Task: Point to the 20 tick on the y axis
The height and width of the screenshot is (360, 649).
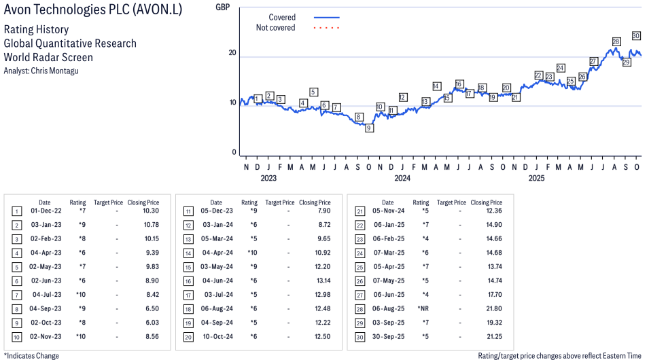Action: click(232, 53)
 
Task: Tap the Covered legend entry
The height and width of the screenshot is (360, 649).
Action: click(282, 17)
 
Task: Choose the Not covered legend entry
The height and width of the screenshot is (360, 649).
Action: click(275, 28)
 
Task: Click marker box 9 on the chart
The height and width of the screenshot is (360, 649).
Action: click(369, 128)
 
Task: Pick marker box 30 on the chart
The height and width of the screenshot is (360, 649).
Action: click(636, 35)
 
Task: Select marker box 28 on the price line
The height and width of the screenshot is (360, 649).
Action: click(616, 42)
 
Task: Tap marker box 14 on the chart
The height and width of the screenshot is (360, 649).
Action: click(436, 86)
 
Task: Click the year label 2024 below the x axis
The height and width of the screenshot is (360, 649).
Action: click(402, 179)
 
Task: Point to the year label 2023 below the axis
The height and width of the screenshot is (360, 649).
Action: click(268, 179)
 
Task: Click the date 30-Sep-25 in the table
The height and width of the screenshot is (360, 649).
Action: click(388, 337)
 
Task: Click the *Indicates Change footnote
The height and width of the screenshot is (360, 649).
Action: click(32, 355)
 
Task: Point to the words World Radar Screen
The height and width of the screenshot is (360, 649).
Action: click(48, 57)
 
